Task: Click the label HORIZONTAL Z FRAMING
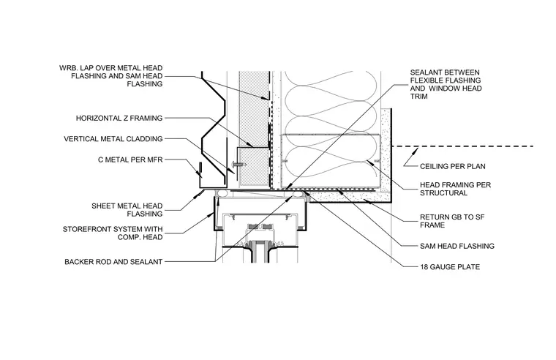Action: coord(119,118)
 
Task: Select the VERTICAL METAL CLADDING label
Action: coord(113,139)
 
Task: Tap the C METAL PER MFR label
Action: coord(130,160)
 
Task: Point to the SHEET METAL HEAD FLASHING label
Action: coord(127,210)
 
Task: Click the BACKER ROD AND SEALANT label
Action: coord(113,262)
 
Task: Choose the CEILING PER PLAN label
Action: coord(453,166)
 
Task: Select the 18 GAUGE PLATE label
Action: coord(450,267)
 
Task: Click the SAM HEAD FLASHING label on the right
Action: coord(457,246)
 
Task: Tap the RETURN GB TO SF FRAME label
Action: coord(452,221)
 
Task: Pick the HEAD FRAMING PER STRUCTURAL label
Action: coord(455,189)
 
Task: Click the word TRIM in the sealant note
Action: coord(418,97)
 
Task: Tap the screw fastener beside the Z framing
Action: coord(238,164)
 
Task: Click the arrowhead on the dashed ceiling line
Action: coord(415,151)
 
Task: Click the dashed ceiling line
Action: coord(463,146)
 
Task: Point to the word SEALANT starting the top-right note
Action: coord(427,72)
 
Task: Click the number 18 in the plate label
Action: coord(424,267)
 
